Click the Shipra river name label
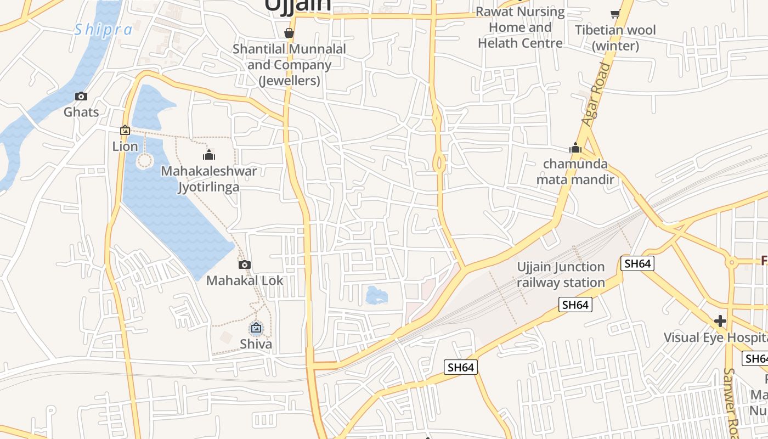click(103, 29)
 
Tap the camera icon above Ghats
click(81, 97)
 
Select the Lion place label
click(125, 147)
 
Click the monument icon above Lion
click(125, 130)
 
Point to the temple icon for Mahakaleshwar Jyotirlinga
click(208, 155)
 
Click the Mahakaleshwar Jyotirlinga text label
click(208, 179)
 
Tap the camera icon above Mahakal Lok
click(245, 265)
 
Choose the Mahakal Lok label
click(245, 280)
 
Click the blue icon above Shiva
click(256, 328)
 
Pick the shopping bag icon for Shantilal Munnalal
click(289, 33)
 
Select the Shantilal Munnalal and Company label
click(289, 65)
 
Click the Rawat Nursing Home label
click(520, 27)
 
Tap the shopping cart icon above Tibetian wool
click(615, 14)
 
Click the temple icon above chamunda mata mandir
click(575, 148)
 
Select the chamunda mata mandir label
click(575, 171)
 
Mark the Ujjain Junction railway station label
click(561, 274)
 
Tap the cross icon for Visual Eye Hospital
click(720, 320)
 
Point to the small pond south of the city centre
click(376, 296)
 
